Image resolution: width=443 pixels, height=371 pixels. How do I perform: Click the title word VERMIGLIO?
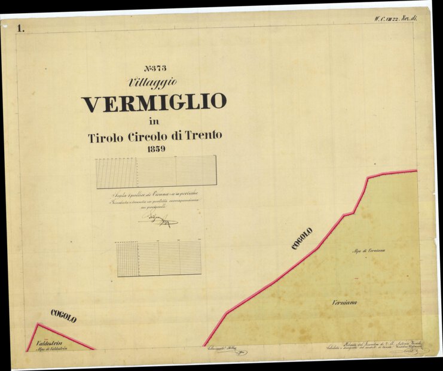click(x=154, y=103)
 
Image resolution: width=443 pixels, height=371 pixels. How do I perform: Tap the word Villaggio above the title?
click(x=152, y=82)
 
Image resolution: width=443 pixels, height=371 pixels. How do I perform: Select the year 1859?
click(x=153, y=148)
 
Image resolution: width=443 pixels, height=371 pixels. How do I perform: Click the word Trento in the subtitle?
click(x=198, y=136)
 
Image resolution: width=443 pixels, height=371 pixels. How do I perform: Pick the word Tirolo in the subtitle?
click(x=106, y=137)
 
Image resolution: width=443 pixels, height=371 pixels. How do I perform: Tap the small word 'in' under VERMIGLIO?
click(x=154, y=122)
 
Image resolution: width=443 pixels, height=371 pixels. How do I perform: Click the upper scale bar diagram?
click(x=156, y=172)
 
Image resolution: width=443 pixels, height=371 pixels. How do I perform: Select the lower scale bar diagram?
click(x=158, y=259)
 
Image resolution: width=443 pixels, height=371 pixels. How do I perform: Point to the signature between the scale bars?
click(x=158, y=221)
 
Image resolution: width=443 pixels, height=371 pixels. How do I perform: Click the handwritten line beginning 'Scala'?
click(x=154, y=195)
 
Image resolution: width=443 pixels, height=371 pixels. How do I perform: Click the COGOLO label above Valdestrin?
click(x=63, y=317)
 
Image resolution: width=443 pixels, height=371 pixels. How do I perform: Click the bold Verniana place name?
click(x=344, y=303)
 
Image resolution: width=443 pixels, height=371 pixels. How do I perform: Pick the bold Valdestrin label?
click(x=50, y=343)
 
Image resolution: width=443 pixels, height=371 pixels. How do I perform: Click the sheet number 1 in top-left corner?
click(x=22, y=28)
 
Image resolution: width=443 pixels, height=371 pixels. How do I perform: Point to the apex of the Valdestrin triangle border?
click(x=38, y=324)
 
